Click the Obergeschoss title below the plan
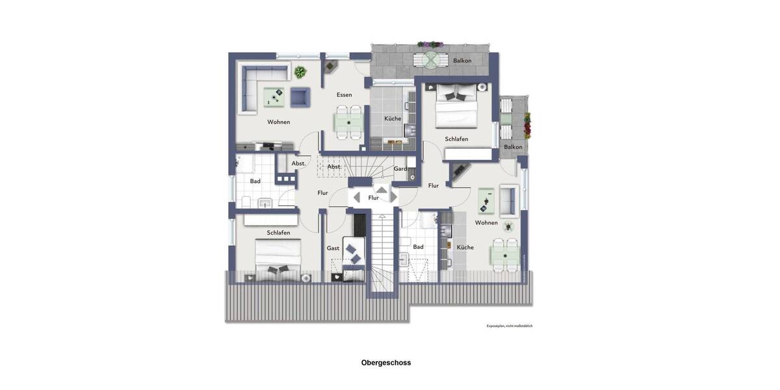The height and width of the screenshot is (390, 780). (x=386, y=363)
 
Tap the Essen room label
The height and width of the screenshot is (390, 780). (x=344, y=95)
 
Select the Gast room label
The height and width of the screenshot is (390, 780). (x=333, y=248)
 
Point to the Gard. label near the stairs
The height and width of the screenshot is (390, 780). (x=401, y=169)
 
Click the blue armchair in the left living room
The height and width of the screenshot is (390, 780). (x=299, y=97)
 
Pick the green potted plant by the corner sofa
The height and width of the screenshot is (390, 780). (x=300, y=71)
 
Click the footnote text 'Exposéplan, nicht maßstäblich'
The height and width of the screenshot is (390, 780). (x=510, y=326)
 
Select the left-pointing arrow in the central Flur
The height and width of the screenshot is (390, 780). (x=356, y=197)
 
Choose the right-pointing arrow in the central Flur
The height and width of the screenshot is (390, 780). (x=393, y=197)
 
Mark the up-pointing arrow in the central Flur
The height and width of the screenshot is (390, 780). (x=382, y=190)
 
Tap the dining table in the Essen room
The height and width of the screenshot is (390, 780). (x=348, y=122)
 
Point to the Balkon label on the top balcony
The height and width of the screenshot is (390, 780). (x=462, y=60)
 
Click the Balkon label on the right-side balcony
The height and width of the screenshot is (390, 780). (x=513, y=147)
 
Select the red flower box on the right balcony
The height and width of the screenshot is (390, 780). (x=527, y=125)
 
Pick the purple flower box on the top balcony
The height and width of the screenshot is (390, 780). (x=430, y=45)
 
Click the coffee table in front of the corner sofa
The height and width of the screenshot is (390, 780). (x=274, y=97)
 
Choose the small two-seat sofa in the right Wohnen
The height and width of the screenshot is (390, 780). (x=507, y=200)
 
